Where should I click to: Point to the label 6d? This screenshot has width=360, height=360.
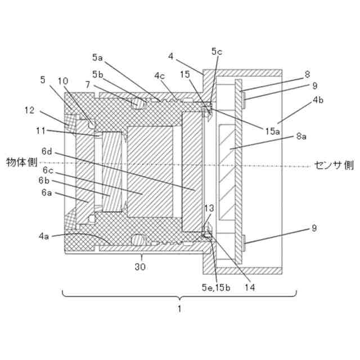(x=47, y=152)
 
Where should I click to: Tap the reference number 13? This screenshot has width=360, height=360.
(x=209, y=209)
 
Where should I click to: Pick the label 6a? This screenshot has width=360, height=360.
(x=47, y=192)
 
